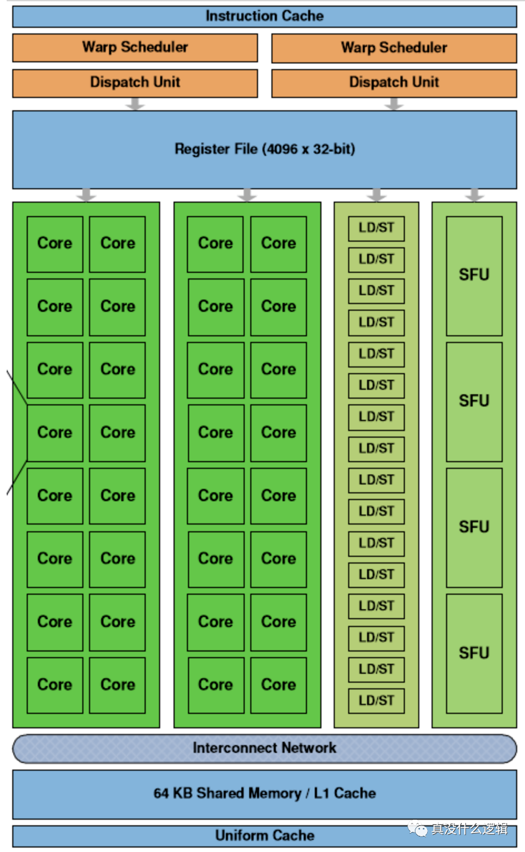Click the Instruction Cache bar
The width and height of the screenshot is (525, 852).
point(265,16)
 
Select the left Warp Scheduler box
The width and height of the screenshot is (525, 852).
point(135,47)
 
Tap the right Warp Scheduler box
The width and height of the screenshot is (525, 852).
point(394,48)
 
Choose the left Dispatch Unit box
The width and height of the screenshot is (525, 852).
point(135,82)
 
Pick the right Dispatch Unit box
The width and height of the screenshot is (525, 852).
point(394,82)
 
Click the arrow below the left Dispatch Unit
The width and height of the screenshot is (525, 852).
point(135,104)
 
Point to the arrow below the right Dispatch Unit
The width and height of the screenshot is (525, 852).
point(394,104)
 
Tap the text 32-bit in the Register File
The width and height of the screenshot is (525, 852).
point(332,149)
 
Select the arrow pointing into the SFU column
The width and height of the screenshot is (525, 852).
point(474,195)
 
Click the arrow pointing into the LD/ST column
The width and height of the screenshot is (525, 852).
point(377,195)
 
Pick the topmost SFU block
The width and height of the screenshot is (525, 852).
point(474,276)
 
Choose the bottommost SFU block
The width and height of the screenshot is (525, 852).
point(474,653)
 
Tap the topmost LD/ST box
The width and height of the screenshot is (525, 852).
point(377,228)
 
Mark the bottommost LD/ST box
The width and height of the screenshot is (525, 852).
point(377,701)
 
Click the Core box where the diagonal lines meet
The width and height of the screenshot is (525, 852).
point(55,433)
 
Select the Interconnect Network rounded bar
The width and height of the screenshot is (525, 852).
point(265,748)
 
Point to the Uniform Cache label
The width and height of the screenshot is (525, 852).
point(265,836)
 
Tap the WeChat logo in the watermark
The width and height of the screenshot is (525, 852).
point(418,830)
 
